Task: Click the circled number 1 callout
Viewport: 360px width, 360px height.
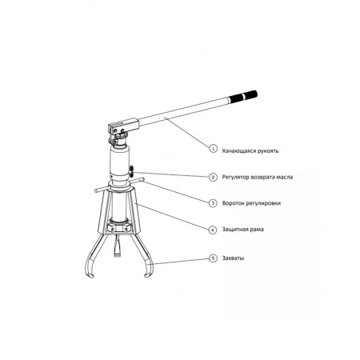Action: pyautogui.click(x=213, y=148)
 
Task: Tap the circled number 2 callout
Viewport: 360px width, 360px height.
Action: pyautogui.click(x=213, y=177)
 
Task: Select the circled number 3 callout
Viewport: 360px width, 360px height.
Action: pyautogui.click(x=213, y=203)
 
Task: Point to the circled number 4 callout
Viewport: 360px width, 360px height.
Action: pyautogui.click(x=213, y=230)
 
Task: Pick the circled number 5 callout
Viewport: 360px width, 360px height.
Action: pyautogui.click(x=213, y=258)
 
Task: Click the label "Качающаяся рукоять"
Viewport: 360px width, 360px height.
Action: pyautogui.click(x=250, y=151)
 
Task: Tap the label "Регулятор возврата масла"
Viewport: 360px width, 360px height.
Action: pyautogui.click(x=258, y=177)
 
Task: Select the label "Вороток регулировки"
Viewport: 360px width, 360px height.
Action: pyautogui.click(x=251, y=203)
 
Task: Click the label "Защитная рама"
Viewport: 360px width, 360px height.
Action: pyautogui.click(x=243, y=230)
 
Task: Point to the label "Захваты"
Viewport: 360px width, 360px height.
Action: pyautogui.click(x=233, y=258)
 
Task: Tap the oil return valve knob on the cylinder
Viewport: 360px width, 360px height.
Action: pyautogui.click(x=132, y=170)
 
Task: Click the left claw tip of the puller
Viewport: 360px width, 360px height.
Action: pyautogui.click(x=90, y=275)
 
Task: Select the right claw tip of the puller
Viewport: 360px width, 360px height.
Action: pyautogui.click(x=147, y=275)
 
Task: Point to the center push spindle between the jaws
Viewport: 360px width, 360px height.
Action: pyautogui.click(x=117, y=246)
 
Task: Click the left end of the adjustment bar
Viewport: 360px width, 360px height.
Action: pyautogui.click(x=96, y=190)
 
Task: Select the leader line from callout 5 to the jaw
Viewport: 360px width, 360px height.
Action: pyautogui.click(x=180, y=261)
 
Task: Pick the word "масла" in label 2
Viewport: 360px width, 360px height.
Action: pyautogui.click(x=284, y=177)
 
